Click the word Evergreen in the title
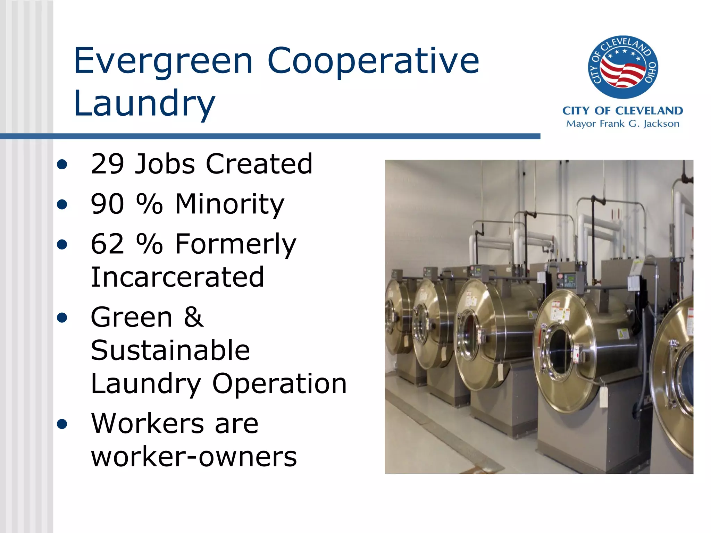163,61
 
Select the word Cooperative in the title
373,61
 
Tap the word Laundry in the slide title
144,103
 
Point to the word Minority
229,204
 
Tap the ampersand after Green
193,317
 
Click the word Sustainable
170,350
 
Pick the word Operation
279,383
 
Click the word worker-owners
194,457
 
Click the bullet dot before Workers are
62,424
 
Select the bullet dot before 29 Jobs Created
62,164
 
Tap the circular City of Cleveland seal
623,67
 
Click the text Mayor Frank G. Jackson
622,124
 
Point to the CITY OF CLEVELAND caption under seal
622,111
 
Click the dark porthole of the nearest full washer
559,350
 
